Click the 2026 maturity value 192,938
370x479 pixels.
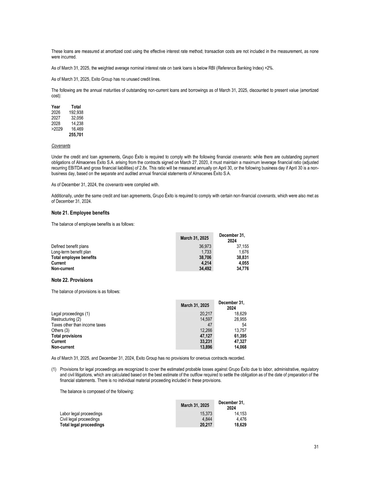[76, 112]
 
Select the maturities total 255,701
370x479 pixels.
[76, 135]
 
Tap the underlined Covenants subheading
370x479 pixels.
[61, 146]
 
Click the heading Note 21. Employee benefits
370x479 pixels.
[80, 213]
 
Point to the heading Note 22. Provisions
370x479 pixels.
[72, 280]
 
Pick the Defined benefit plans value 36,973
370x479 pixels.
[205, 246]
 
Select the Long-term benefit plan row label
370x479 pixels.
[71, 252]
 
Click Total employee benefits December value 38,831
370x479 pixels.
[242, 257]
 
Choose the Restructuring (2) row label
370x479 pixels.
[66, 319]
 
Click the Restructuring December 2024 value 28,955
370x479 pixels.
[240, 319]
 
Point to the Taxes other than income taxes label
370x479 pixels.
[78, 325]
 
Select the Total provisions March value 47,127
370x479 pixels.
[206, 336]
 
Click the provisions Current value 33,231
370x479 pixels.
[206, 341]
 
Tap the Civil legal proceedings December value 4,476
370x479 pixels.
[241, 419]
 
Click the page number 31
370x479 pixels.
[316, 447]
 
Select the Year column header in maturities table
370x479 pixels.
[56, 107]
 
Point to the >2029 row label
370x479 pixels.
[57, 129]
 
